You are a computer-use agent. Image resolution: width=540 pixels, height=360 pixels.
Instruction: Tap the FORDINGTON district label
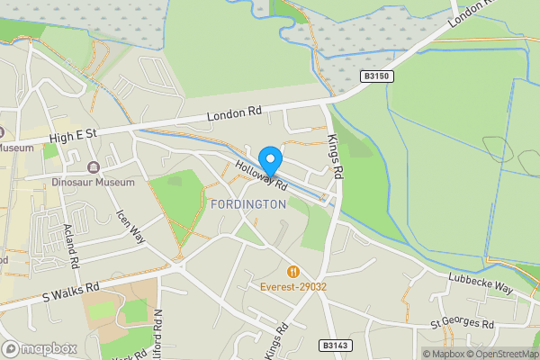tap(247, 204)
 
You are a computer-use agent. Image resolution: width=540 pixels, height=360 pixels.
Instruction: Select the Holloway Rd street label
tap(262, 175)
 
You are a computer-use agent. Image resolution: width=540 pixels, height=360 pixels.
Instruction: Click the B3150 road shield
tap(377, 76)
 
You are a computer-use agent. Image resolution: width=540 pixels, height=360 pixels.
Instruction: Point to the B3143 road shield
tap(332, 345)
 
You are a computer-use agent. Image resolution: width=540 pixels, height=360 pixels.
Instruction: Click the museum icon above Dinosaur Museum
tap(93, 166)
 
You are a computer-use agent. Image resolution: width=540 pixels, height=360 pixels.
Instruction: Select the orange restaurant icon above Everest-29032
tap(292, 271)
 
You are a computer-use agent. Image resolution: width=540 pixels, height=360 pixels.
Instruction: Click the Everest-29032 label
tap(292, 287)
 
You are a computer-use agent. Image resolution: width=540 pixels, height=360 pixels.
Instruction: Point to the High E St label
tap(73, 134)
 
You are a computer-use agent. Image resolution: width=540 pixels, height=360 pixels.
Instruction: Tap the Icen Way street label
tap(130, 228)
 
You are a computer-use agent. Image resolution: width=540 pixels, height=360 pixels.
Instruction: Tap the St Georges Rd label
tap(462, 323)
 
